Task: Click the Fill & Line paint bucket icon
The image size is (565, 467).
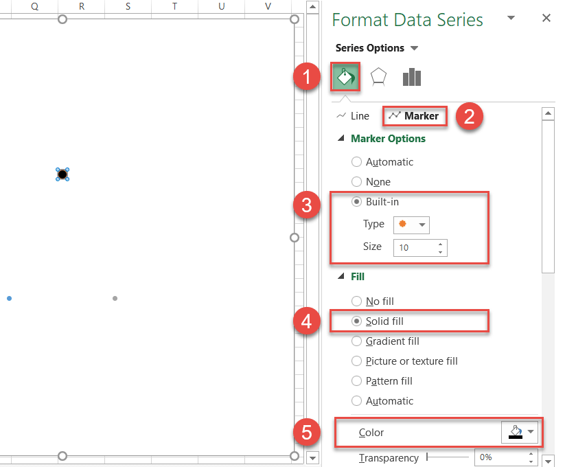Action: [x=345, y=77]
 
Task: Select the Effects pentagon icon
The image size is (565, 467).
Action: [x=378, y=77]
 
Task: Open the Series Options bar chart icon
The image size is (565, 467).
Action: [x=411, y=77]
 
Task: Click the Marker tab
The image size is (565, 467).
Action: [x=414, y=116]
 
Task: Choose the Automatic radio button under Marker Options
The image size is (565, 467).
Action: [x=356, y=162]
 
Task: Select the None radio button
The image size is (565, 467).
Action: [x=356, y=182]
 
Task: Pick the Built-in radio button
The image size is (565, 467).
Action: [x=356, y=202]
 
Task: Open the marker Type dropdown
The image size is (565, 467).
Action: [x=411, y=225]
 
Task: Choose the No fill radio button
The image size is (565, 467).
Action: [x=356, y=301]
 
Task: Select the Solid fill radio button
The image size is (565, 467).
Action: [x=356, y=321]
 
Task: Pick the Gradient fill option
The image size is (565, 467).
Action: [x=356, y=341]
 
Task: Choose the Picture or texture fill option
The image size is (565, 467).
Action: [x=356, y=361]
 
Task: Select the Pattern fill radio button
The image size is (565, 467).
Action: [x=356, y=381]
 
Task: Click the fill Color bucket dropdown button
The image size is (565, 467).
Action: [x=521, y=433]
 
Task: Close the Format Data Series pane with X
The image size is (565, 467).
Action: [x=546, y=19]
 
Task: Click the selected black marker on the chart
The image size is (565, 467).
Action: [x=62, y=174]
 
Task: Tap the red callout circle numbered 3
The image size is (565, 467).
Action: [x=308, y=206]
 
